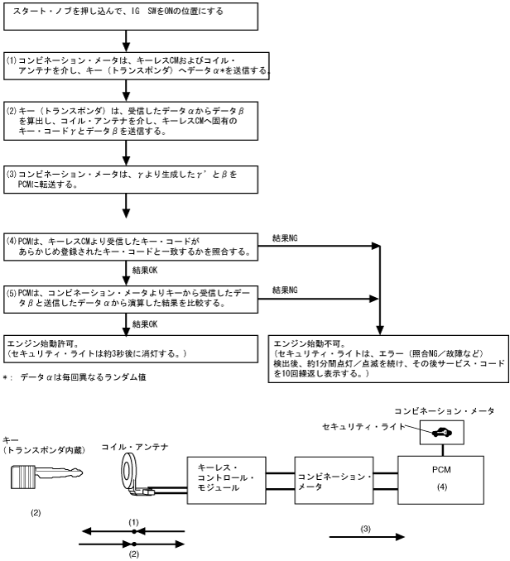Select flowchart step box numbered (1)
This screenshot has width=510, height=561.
coord(137,66)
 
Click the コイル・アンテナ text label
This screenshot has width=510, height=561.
coord(133,447)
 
